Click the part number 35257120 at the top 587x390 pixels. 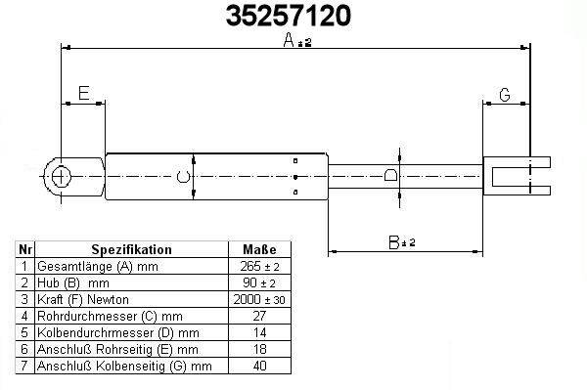[x=289, y=16]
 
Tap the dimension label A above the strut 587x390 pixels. [x=289, y=40]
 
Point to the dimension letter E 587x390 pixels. [x=84, y=93]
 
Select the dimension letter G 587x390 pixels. [x=505, y=95]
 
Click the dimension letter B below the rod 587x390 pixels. [x=394, y=242]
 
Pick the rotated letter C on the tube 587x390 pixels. [x=183, y=177]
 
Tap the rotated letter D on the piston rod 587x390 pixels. [x=390, y=175]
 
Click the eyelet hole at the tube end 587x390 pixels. [x=60, y=177]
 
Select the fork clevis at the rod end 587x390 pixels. [x=517, y=176]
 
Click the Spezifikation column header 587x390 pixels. [x=131, y=249]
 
